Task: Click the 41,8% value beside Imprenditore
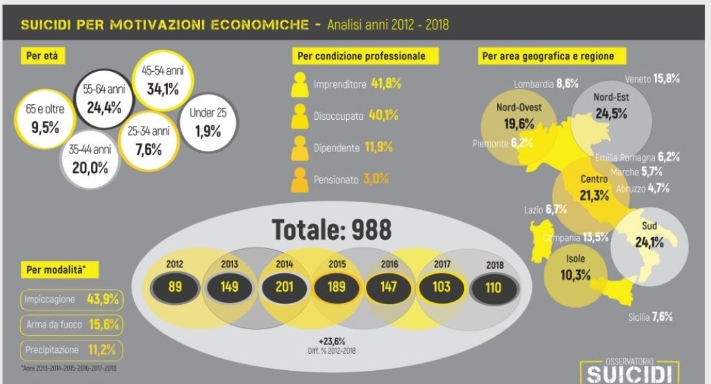click(386, 84)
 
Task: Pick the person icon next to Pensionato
click(300, 179)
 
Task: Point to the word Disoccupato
click(338, 116)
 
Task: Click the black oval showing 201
click(284, 287)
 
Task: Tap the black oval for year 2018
click(493, 288)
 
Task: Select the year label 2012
click(175, 264)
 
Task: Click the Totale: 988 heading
click(332, 230)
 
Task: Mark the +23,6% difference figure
click(331, 341)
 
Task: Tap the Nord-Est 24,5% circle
click(610, 106)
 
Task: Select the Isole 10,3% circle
click(575, 269)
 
